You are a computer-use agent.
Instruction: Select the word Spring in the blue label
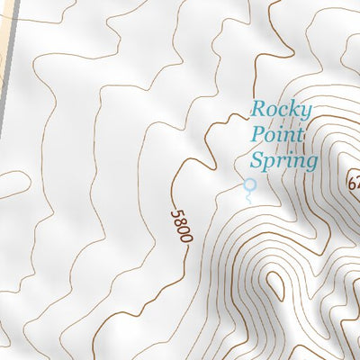(x=283, y=162)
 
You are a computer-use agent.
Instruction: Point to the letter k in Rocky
(x=293, y=110)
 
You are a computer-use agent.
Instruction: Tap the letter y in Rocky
(x=305, y=113)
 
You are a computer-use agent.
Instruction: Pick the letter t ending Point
(x=300, y=136)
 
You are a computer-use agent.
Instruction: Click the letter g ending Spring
(x=310, y=165)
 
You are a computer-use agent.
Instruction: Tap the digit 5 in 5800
(x=175, y=213)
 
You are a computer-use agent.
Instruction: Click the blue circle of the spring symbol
(x=250, y=185)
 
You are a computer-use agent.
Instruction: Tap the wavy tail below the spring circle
(x=250, y=195)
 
